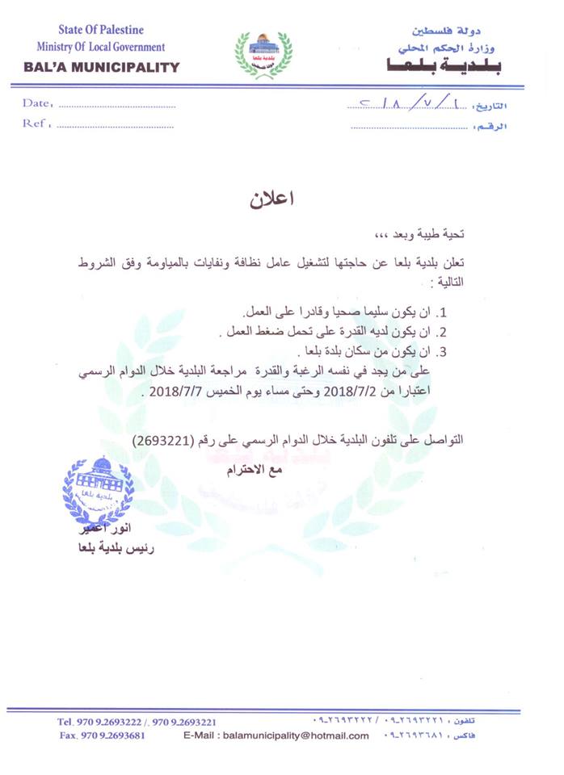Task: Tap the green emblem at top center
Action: (x=263, y=53)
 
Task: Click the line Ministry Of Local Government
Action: (x=100, y=48)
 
